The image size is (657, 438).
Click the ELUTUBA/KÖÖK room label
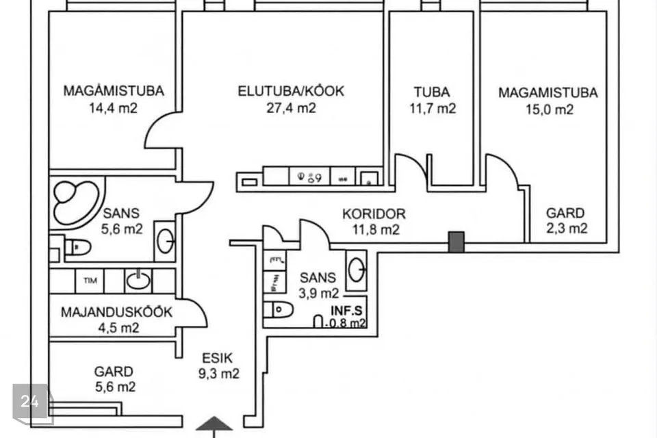point(291,91)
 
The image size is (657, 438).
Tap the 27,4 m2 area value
point(291,107)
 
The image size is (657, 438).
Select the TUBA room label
point(431,92)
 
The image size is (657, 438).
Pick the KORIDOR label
point(374,214)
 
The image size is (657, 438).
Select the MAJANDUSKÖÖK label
point(117,312)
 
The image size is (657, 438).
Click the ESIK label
point(218,357)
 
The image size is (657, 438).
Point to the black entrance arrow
point(214,424)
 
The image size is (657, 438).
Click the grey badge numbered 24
point(30,402)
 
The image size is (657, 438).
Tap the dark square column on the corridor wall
point(456,240)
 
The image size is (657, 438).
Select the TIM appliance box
point(90,281)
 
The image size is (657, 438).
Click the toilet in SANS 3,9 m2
point(280,310)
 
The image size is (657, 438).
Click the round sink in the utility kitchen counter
point(138,280)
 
